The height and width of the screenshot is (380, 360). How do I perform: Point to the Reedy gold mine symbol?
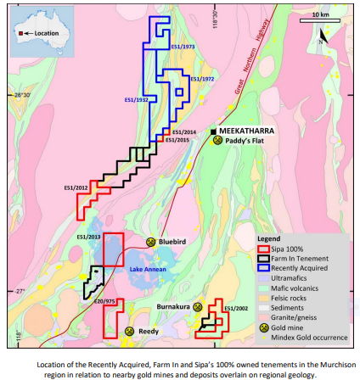[130, 330]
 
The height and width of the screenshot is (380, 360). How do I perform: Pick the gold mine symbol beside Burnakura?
[195, 306]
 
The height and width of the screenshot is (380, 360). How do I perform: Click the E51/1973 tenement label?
[183, 47]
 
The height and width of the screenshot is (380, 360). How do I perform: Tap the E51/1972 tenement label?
[201, 79]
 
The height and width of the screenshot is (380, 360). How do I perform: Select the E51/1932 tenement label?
[136, 99]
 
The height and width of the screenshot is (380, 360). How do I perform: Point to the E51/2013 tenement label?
[88, 236]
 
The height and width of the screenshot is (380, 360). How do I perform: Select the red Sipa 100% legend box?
[264, 249]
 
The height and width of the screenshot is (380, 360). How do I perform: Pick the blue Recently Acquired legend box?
[264, 267]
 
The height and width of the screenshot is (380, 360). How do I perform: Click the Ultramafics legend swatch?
[264, 277]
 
